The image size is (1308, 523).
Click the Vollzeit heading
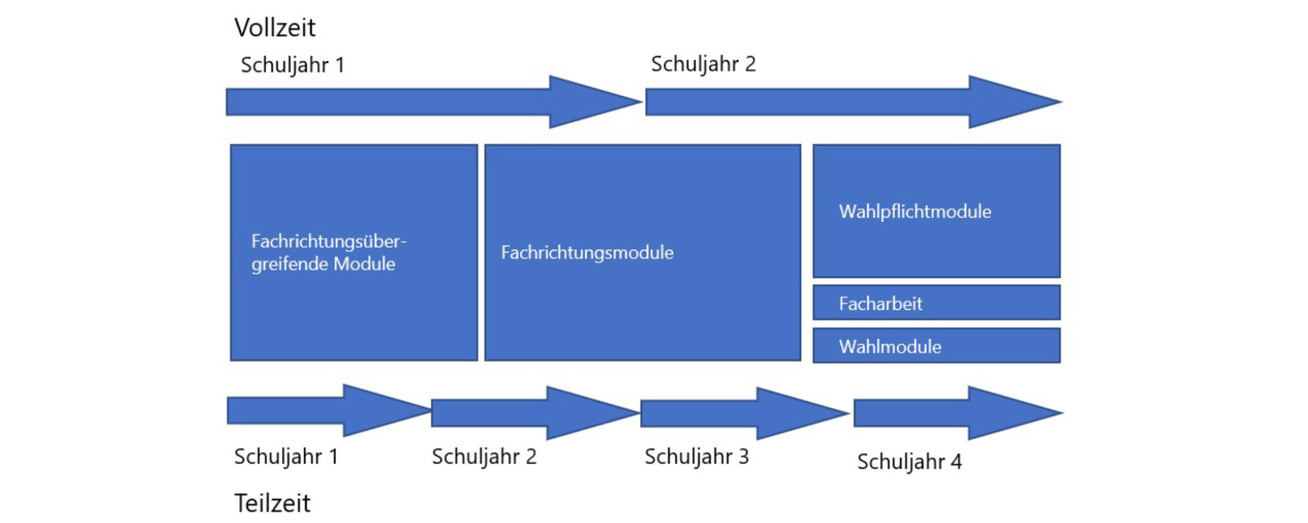[275, 28]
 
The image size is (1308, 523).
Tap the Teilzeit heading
[272, 503]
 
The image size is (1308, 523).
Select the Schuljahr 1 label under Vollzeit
[292, 65]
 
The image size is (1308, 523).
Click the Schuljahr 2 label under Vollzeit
[703, 64]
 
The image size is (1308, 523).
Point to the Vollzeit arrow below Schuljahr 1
[419, 102]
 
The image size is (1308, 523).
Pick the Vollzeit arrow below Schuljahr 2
[837, 102]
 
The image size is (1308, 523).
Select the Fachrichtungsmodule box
[642, 252]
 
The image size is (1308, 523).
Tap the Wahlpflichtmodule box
[936, 211]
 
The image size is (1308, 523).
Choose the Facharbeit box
[936, 303]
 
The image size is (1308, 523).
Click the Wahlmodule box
[936, 346]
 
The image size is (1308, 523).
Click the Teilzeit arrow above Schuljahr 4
[948, 413]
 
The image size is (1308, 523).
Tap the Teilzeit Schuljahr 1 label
[286, 456]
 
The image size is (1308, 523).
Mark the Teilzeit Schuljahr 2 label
[484, 456]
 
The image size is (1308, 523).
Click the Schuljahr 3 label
[697, 456]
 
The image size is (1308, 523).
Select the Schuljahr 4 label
[909, 462]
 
